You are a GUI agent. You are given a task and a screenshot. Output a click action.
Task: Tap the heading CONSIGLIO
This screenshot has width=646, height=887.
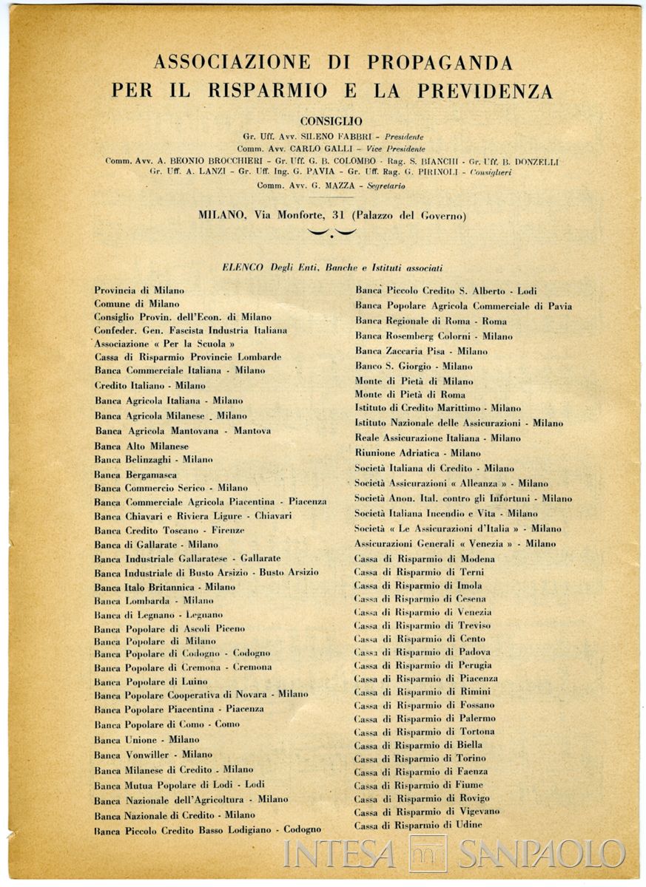coord(331,120)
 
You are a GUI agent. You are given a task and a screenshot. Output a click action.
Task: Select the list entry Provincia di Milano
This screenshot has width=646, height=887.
coord(139,291)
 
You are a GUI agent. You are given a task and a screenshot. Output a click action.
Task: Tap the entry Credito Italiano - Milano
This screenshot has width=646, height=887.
coord(149,385)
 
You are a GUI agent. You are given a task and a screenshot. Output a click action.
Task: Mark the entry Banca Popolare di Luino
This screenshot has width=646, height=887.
coord(151,681)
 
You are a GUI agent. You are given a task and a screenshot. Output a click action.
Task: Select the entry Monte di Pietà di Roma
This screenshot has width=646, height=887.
coord(410,395)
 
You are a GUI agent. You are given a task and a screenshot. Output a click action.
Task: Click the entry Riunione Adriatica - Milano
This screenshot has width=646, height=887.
coord(417,453)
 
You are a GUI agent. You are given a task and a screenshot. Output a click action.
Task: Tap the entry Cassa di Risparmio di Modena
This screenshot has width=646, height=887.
coord(425,559)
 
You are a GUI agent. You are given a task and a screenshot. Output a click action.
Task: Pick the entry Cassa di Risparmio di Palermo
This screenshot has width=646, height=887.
coord(425,718)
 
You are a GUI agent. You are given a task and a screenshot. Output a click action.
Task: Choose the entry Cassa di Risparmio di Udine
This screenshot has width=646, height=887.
coord(418,825)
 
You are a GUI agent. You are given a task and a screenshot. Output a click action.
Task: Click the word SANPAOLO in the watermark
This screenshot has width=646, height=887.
coord(541,854)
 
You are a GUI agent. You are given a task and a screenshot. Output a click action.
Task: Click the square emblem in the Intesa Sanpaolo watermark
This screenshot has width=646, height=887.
coord(427,854)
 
